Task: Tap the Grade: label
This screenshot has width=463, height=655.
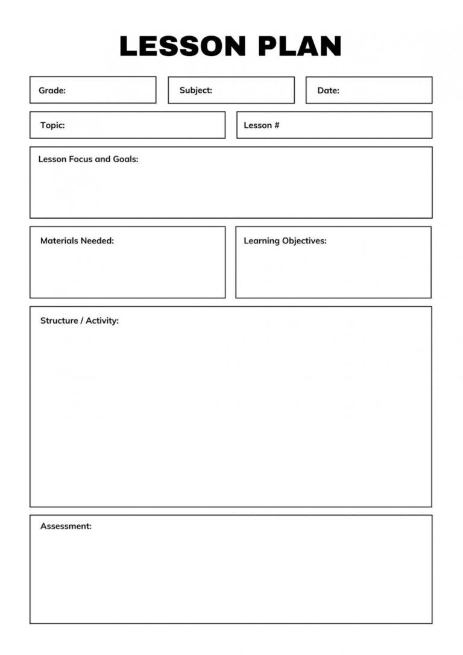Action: (x=52, y=90)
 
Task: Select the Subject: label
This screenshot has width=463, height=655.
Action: (x=195, y=90)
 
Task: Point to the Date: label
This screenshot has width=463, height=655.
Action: (x=328, y=90)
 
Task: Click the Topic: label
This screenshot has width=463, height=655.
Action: (x=52, y=125)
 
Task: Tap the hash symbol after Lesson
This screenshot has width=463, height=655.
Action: (x=277, y=125)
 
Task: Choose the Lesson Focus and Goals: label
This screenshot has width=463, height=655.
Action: (x=88, y=160)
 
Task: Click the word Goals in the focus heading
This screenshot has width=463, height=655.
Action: (x=125, y=160)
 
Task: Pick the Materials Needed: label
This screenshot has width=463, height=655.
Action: (x=77, y=240)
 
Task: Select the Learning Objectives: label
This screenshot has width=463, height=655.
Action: (x=285, y=240)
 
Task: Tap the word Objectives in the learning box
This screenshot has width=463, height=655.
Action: (x=304, y=240)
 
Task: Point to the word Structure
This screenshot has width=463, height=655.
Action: (x=59, y=321)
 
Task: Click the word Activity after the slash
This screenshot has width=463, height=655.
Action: (x=102, y=321)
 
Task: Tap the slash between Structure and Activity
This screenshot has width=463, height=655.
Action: (x=82, y=321)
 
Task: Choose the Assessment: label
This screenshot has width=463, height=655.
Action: (x=66, y=526)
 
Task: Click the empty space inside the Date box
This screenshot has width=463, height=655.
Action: (x=386, y=90)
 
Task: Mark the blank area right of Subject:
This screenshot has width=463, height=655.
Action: (x=253, y=90)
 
